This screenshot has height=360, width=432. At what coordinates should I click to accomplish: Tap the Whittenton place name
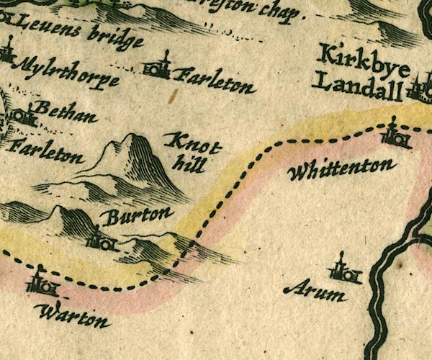pos(341,170)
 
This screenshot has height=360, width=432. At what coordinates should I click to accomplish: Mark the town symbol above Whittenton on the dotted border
pos(395,135)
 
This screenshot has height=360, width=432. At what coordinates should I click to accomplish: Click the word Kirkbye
pos(364,58)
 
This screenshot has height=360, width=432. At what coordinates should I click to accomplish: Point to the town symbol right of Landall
pos(418,89)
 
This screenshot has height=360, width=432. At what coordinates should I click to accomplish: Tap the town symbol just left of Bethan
pos(22,115)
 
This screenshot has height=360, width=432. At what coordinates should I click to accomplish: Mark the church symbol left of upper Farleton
pos(160,68)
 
